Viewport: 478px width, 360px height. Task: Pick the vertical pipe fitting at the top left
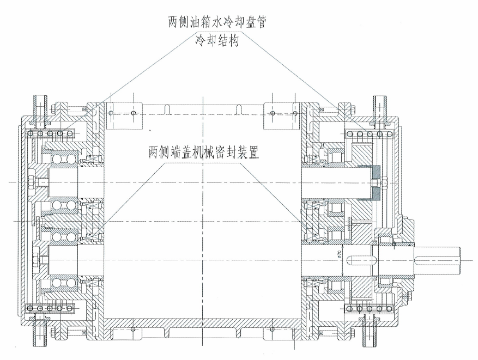tap(41, 106)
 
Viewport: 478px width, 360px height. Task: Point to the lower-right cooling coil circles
tap(371, 309)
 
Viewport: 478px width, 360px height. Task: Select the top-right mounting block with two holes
tap(283, 113)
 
